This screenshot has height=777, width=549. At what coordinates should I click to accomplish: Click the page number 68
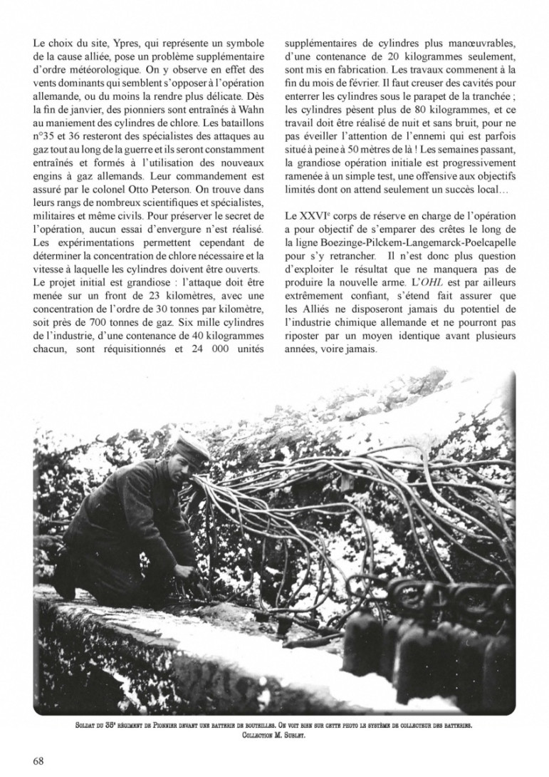click(38, 761)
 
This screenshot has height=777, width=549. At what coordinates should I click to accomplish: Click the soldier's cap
click(191, 448)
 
